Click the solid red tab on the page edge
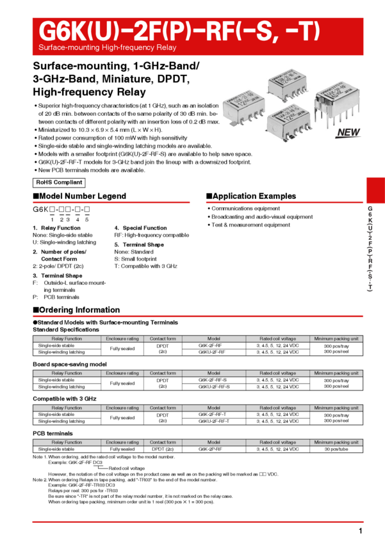point(375,190)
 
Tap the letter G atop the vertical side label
point(370,209)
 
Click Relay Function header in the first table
point(67,339)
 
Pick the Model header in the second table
point(213,373)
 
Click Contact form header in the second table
point(163,373)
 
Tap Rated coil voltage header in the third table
point(277,408)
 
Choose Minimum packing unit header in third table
point(336,408)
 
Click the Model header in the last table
point(213,442)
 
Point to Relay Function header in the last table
point(67,442)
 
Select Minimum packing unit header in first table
point(336,339)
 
